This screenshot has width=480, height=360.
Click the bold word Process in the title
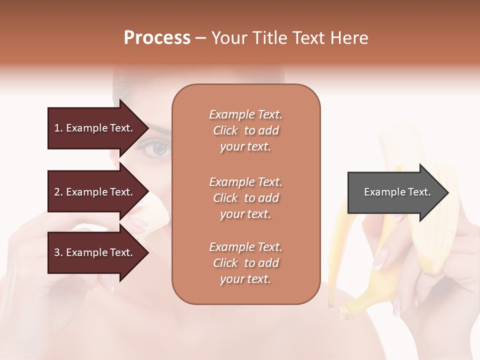click(157, 38)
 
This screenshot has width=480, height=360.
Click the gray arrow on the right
click(390, 192)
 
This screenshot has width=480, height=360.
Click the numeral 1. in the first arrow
click(58, 128)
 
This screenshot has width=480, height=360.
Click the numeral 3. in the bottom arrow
click(58, 252)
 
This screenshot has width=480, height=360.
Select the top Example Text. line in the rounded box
click(245, 114)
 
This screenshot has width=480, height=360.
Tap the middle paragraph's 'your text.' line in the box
click(245, 214)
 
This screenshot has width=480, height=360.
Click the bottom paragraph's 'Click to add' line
click(245, 263)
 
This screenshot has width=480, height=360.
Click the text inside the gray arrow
click(397, 192)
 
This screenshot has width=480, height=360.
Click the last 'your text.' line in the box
click(245, 279)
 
